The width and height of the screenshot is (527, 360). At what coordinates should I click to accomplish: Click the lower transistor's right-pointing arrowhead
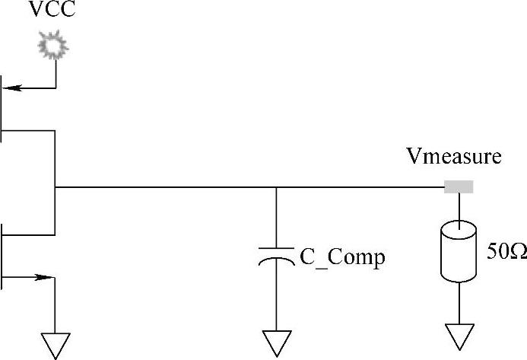click(x=49, y=278)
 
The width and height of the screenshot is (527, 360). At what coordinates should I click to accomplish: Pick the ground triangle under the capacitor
click(x=275, y=342)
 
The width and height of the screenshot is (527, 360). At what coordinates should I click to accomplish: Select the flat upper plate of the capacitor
click(x=275, y=247)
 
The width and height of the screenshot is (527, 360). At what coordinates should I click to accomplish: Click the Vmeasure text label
click(x=453, y=158)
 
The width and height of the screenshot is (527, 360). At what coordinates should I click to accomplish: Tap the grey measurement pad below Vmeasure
click(x=459, y=186)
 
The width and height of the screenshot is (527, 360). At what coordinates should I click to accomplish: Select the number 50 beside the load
click(x=497, y=251)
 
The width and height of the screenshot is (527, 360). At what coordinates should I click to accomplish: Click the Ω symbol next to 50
click(x=517, y=251)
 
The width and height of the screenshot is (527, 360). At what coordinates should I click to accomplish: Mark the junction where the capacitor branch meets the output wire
click(x=275, y=186)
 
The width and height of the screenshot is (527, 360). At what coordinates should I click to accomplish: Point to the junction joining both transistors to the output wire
click(x=56, y=186)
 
